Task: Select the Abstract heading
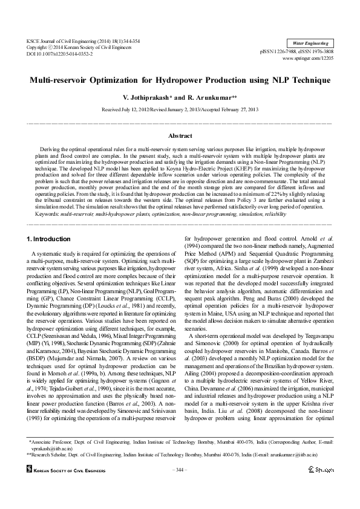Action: pyautogui.click(x=180, y=137)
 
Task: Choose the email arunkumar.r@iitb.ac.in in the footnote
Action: pyautogui.click(x=278, y=454)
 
